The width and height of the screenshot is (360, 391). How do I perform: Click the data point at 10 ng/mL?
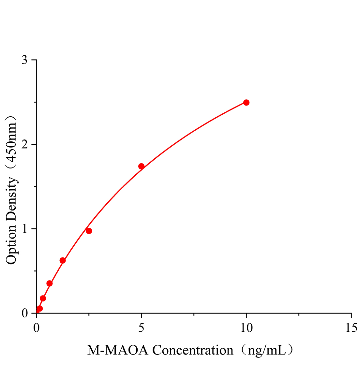coord(246,102)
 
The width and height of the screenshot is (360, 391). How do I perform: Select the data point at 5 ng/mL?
coord(141,166)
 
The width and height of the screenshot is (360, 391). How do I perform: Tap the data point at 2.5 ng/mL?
coord(89,231)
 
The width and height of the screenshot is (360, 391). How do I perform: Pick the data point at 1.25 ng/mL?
coord(63,260)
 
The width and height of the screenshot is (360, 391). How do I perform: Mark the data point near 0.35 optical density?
coord(50,283)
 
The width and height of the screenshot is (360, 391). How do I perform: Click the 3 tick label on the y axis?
coord(24,60)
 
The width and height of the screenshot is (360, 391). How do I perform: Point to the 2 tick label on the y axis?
coord(24,145)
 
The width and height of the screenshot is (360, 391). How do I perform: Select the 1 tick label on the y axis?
coord(24,229)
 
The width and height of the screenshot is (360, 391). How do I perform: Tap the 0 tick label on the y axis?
coord(24,313)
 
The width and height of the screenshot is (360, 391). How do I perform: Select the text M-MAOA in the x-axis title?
coord(118,351)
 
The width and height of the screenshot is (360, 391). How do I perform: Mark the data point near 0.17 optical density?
coord(43,298)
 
